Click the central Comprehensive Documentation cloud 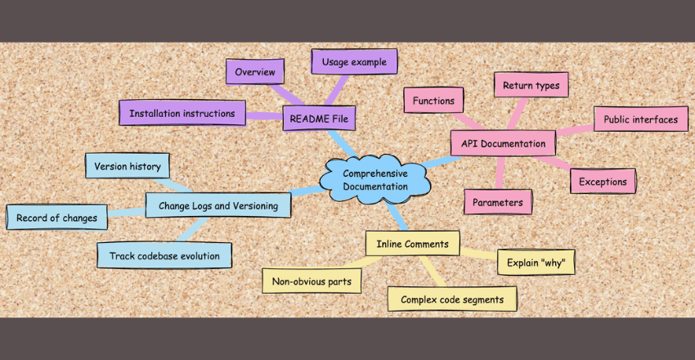pyautogui.click(x=375, y=179)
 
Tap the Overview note pyautogui.click(x=254, y=72)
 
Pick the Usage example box pyautogui.click(x=354, y=61)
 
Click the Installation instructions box pyautogui.click(x=182, y=113)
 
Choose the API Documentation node pyautogui.click(x=503, y=144)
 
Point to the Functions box pyautogui.click(x=433, y=101)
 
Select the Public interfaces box pyautogui.click(x=640, y=119)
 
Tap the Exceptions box pyautogui.click(x=603, y=182)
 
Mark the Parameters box pyautogui.click(x=498, y=200)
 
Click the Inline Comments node pyautogui.click(x=412, y=243)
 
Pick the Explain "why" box pyautogui.click(x=536, y=262)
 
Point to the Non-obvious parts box pyautogui.click(x=312, y=281)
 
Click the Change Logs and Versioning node pyautogui.click(x=218, y=205)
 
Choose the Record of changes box pyautogui.click(x=56, y=218)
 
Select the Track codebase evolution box pyautogui.click(x=164, y=256)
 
